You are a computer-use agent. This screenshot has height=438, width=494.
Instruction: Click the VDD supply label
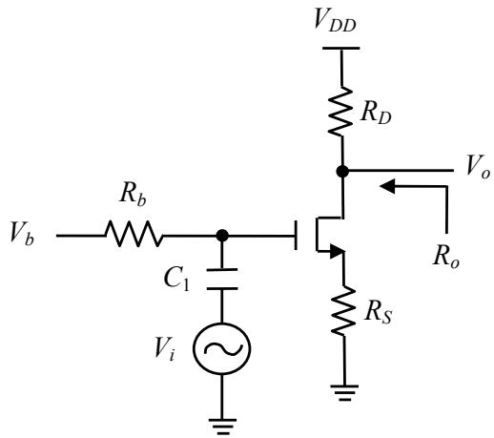(x=335, y=20)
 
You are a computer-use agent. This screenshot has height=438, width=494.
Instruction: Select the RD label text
(x=376, y=113)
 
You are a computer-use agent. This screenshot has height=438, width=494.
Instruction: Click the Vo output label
(x=478, y=166)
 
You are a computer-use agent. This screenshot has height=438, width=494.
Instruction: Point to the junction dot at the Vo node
(x=342, y=171)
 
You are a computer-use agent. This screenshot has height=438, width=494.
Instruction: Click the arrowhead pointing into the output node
(x=387, y=186)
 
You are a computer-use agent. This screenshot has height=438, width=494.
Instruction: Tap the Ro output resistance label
(x=446, y=256)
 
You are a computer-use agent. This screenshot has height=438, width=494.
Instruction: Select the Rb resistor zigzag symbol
(x=134, y=234)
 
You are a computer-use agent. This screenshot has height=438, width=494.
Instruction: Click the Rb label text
(x=134, y=194)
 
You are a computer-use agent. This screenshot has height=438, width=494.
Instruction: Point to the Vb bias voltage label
(x=22, y=233)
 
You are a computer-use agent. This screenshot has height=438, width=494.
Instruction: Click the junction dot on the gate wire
(x=222, y=236)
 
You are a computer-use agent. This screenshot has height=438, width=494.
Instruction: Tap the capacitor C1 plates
(x=222, y=280)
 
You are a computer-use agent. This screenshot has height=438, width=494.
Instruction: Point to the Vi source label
(x=165, y=349)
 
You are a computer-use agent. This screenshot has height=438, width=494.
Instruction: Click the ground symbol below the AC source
(x=223, y=427)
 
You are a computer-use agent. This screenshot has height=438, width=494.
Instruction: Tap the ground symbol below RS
(x=344, y=393)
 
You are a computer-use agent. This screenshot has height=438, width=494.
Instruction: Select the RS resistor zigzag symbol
(x=343, y=310)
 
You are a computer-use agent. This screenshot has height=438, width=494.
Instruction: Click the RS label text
(x=379, y=313)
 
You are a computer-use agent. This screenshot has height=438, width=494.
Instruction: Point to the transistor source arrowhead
(x=337, y=251)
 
